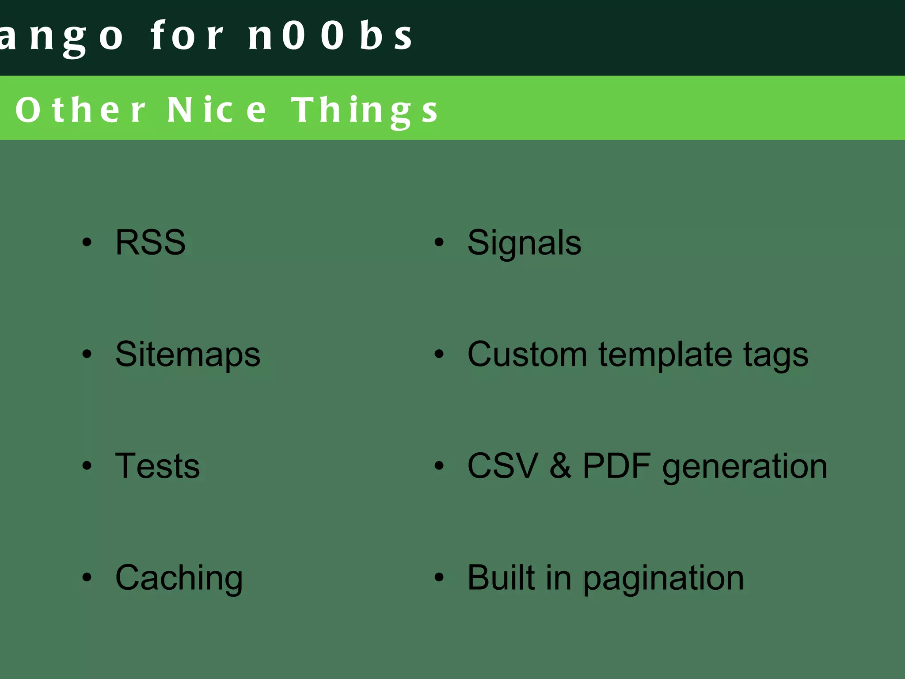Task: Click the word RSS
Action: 150,242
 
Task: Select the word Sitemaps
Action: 188,355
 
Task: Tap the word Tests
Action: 157,466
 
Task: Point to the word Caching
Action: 179,578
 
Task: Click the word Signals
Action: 524,243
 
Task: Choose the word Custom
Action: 527,355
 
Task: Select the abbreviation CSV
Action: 503,466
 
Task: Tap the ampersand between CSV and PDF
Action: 560,466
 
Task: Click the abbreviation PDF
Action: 617,466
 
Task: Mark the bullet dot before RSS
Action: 87,242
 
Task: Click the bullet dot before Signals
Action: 439,242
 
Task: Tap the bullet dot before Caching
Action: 87,577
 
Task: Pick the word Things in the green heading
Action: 365,111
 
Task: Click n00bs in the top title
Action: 331,35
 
